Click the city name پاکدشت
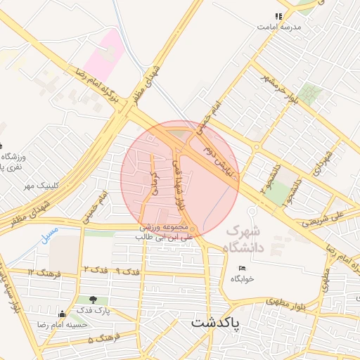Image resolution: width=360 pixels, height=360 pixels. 216,323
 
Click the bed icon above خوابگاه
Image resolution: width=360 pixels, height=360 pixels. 243,268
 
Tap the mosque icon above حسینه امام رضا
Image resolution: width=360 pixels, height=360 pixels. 63,314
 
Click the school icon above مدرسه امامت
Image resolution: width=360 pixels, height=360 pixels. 279,15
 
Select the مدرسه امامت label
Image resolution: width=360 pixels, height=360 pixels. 278,26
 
